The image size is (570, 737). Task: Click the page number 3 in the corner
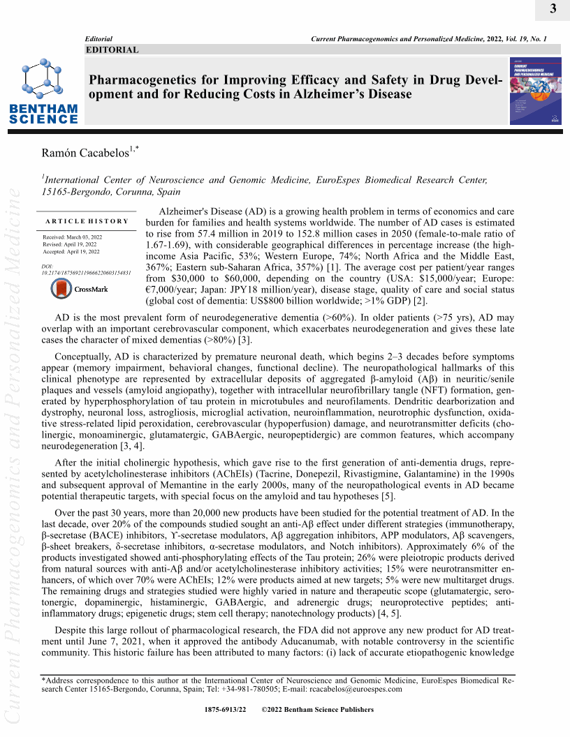pos(553,9)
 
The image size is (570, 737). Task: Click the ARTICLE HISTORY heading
pos(87,221)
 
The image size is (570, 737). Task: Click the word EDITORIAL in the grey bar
pos(112,50)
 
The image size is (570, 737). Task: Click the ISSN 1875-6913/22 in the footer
pos(226,710)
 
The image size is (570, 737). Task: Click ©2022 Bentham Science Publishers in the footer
pos(317,710)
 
